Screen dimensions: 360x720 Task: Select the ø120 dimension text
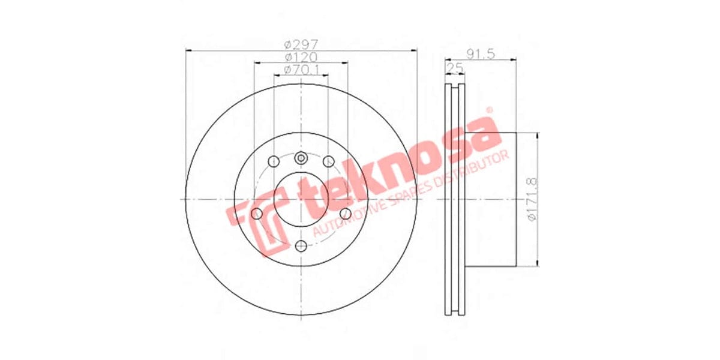point(301,57)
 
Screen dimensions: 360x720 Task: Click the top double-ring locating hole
point(301,158)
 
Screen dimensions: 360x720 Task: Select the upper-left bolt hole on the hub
point(274,161)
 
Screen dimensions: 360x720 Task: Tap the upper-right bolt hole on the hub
point(328,161)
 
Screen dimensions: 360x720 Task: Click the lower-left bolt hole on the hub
point(257,214)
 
